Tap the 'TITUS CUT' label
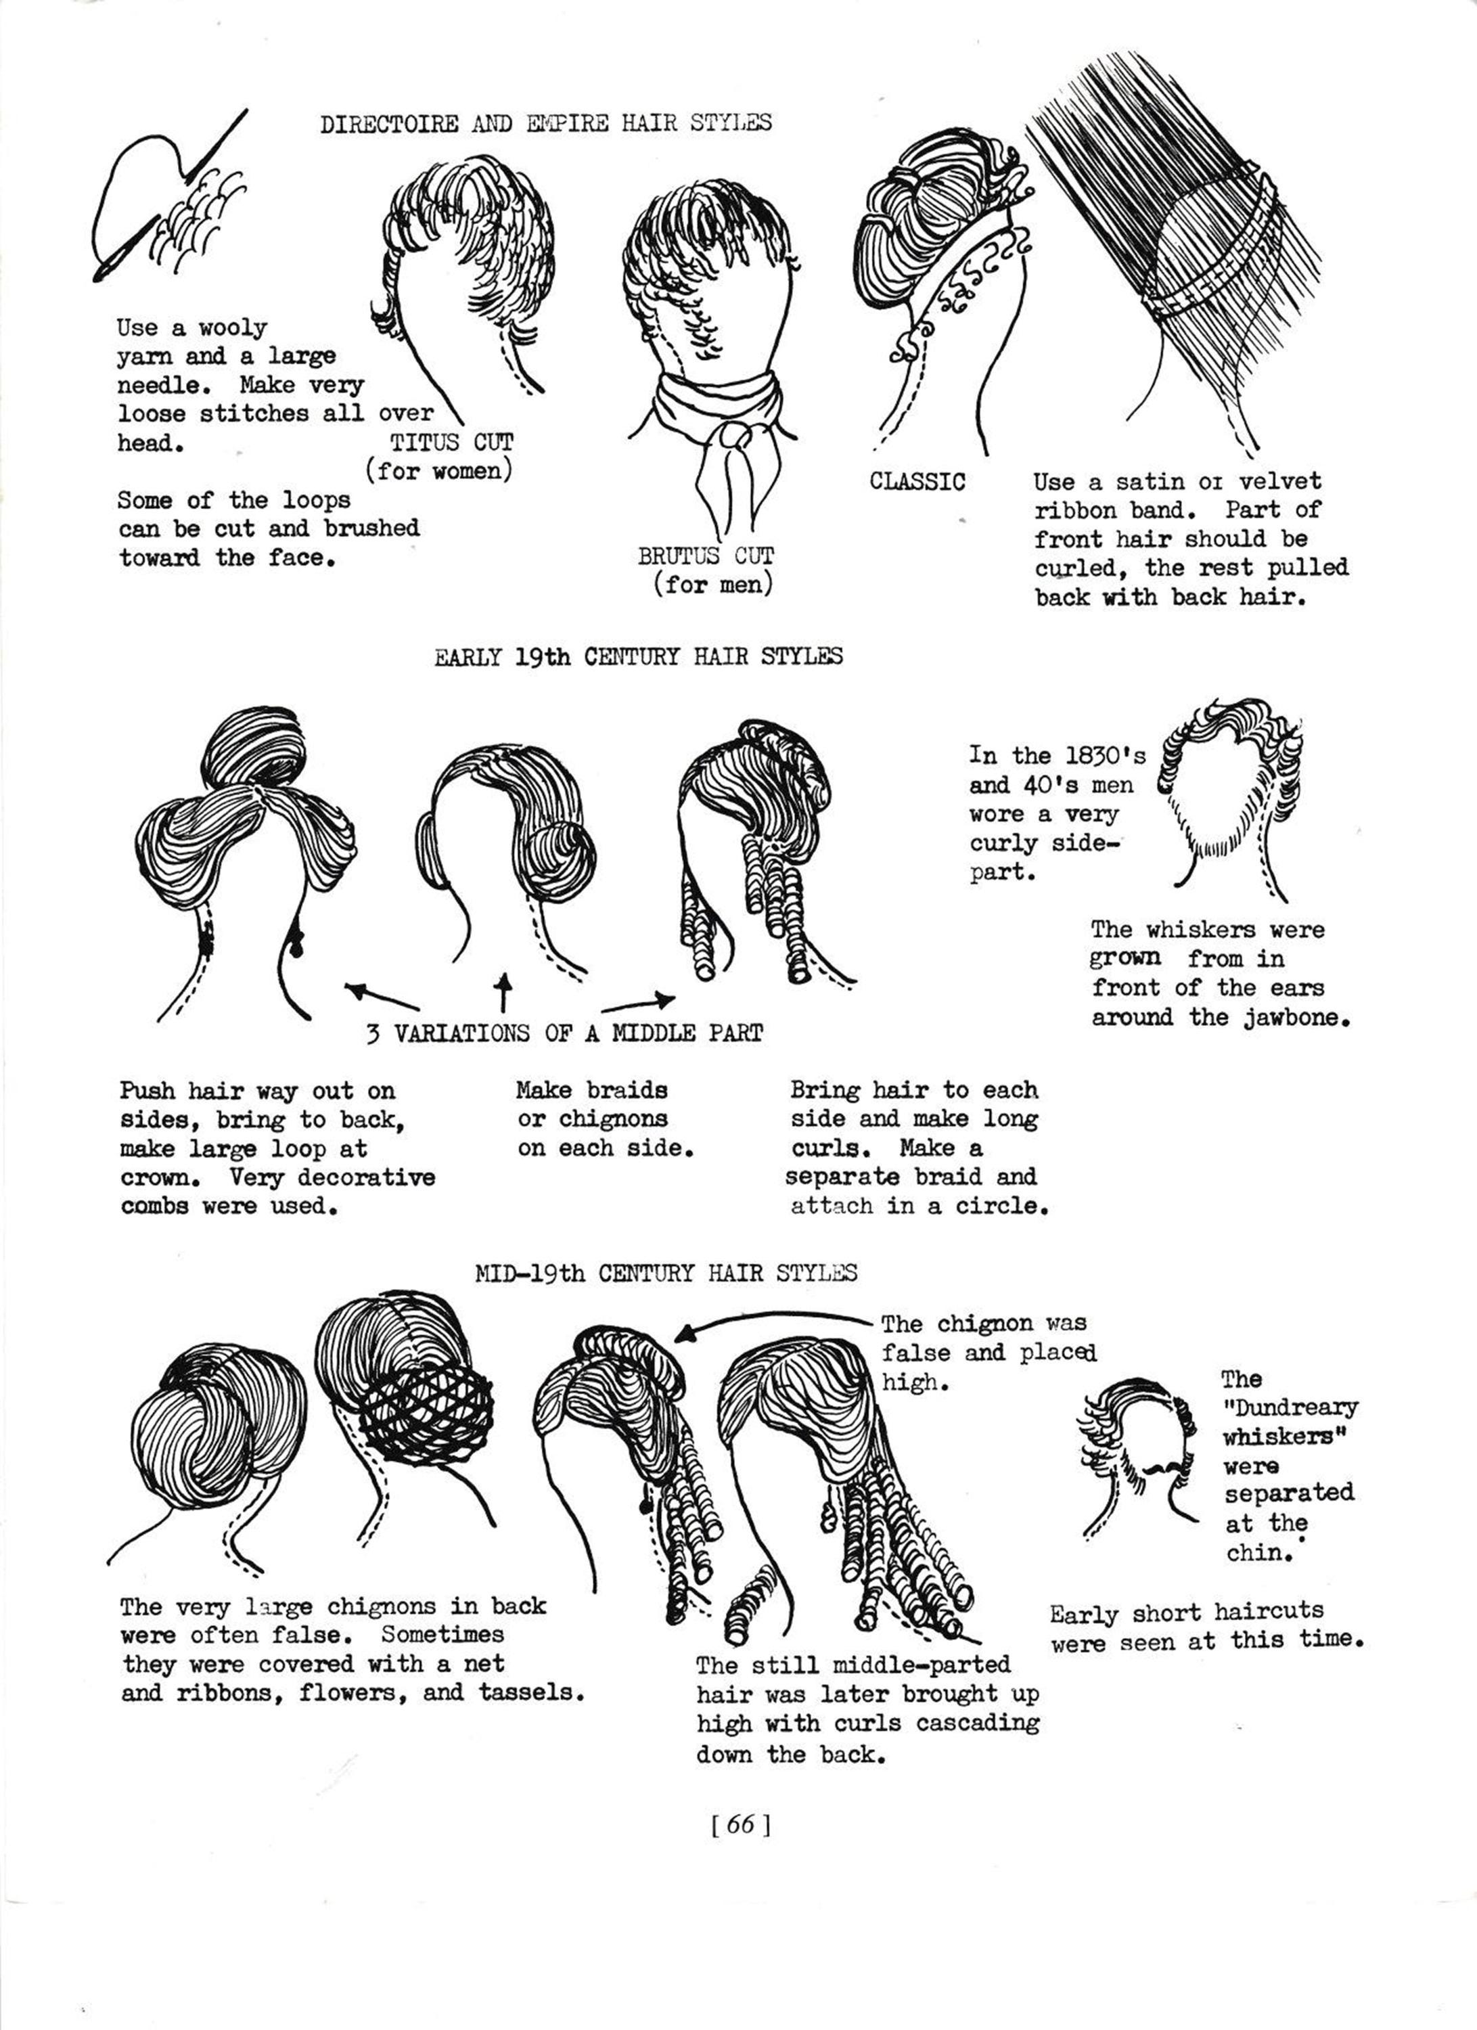(x=451, y=442)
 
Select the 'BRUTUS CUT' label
(x=706, y=556)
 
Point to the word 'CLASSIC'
(x=917, y=482)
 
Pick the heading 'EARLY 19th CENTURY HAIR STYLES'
(x=638, y=657)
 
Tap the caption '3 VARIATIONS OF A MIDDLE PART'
(x=565, y=1034)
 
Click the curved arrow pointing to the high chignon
(x=770, y=1320)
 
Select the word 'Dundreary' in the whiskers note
(x=1290, y=1408)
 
